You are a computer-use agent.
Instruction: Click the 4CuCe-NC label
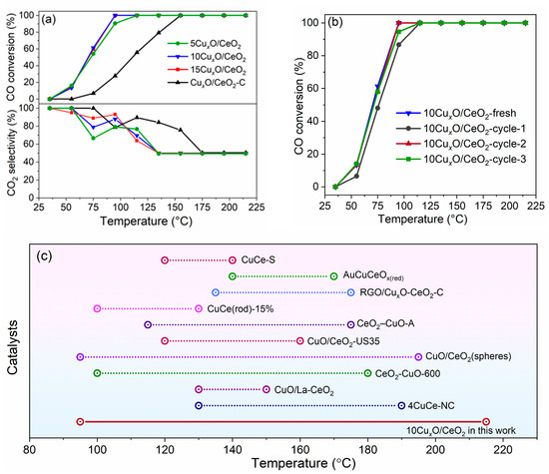[440, 405]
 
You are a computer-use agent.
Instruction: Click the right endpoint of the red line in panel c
[486, 421]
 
